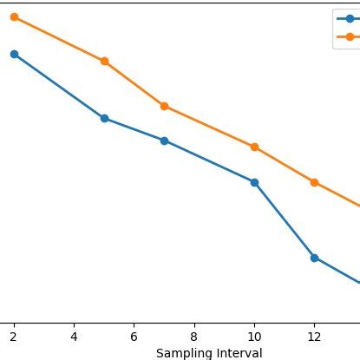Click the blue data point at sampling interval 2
click(14, 54)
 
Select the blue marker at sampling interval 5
click(104, 118)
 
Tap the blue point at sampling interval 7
click(164, 141)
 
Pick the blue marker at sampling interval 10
click(254, 182)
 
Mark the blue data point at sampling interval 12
click(314, 258)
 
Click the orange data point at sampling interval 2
click(14, 16)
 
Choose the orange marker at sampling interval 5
click(104, 62)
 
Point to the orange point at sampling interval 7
click(164, 106)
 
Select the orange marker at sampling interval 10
click(254, 147)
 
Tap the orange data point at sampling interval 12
click(314, 182)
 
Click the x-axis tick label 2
click(14, 336)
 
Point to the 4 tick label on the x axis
click(74, 336)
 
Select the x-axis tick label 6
click(134, 336)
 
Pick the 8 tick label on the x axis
click(194, 336)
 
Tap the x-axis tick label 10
click(254, 336)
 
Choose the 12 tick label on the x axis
click(314, 336)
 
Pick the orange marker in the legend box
click(350, 36)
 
